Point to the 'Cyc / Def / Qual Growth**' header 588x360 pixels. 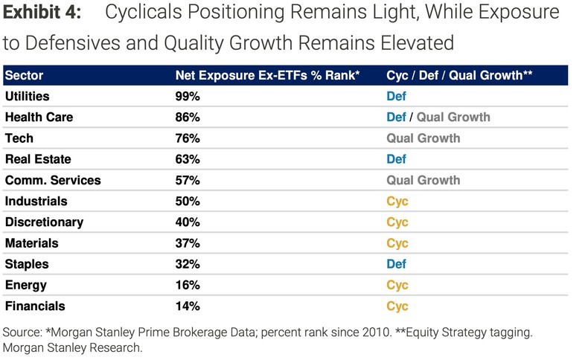[x=458, y=75]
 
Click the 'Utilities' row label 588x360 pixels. [x=29, y=96]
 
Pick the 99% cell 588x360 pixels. [x=188, y=96]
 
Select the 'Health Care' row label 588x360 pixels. [x=39, y=117]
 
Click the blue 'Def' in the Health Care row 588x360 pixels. [x=396, y=117]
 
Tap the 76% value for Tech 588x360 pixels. [x=188, y=138]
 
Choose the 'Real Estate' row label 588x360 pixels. [x=37, y=158]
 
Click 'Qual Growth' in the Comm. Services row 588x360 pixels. [x=423, y=180]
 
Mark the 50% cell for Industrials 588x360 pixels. [x=188, y=201]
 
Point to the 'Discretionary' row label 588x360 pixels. [x=44, y=222]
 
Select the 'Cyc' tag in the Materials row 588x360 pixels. [x=397, y=242]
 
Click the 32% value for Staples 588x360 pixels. [x=188, y=264]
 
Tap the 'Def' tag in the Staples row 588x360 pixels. [x=396, y=264]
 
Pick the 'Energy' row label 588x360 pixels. [x=26, y=285]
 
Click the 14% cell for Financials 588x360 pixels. [x=187, y=306]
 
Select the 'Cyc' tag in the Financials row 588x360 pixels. [x=397, y=306]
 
